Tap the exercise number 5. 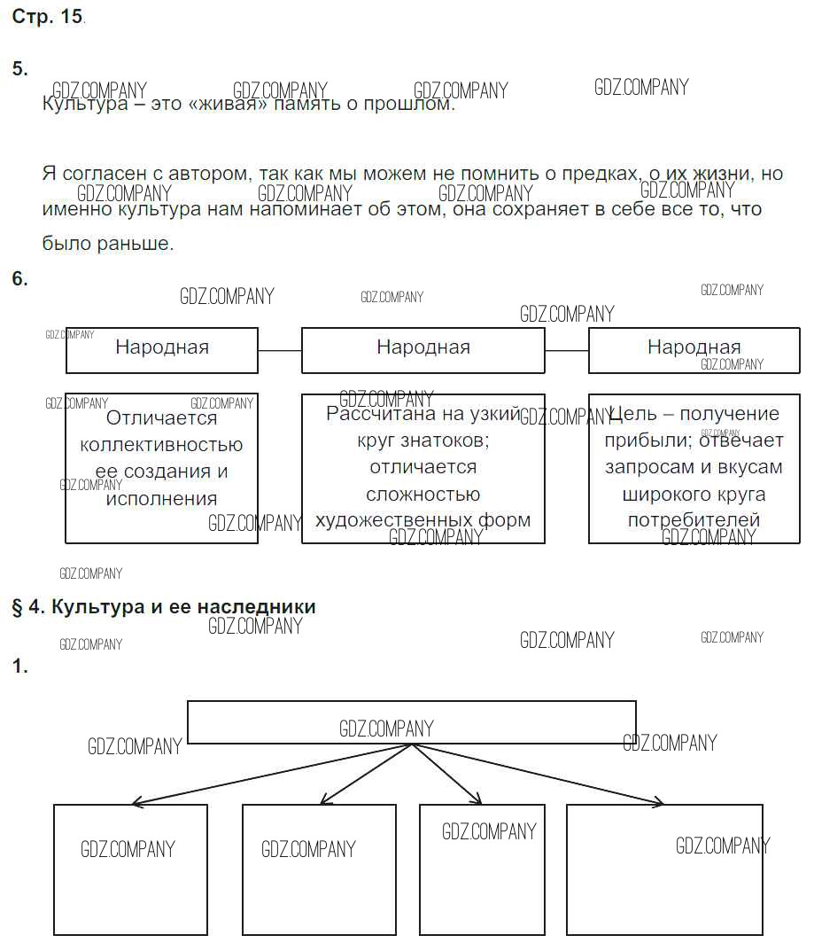[x=19, y=69]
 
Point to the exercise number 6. [x=19, y=278]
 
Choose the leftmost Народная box [x=162, y=349]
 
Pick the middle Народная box [x=423, y=349]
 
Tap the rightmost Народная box [x=694, y=349]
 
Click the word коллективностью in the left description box [x=161, y=445]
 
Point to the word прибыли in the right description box [x=648, y=440]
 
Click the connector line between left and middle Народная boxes [x=280, y=350]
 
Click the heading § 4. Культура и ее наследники [x=164, y=607]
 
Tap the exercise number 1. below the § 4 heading [x=19, y=667]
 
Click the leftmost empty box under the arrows [x=130, y=869]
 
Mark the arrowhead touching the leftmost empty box [x=136, y=804]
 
